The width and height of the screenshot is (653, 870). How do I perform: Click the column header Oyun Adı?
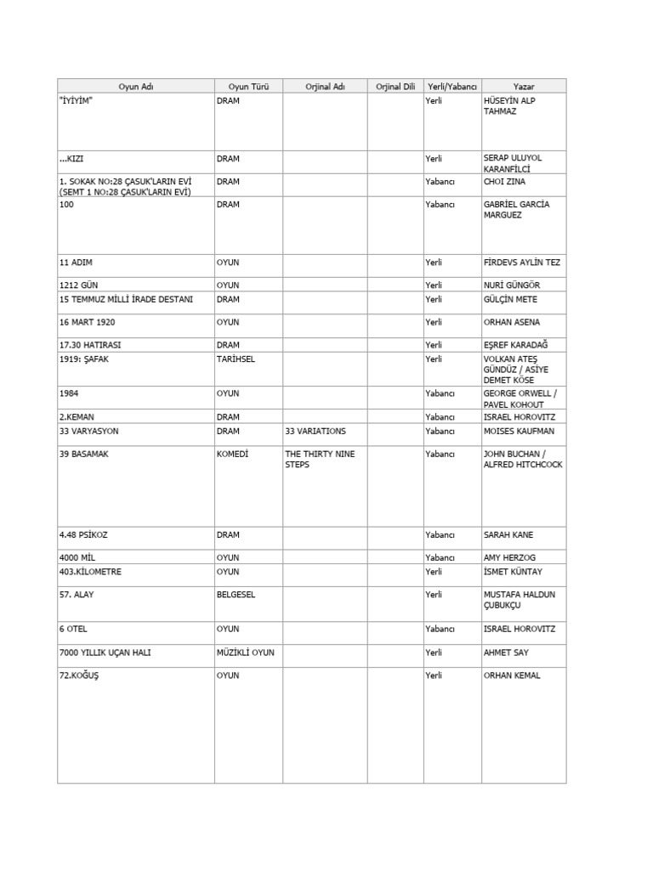click(136, 86)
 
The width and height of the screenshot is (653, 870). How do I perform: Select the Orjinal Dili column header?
click(395, 86)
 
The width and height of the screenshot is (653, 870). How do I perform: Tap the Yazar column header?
click(524, 86)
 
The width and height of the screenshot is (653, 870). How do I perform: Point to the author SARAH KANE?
click(508, 535)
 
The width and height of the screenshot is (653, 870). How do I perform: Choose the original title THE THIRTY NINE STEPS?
click(320, 460)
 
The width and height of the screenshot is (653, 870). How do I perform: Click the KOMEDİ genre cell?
click(232, 455)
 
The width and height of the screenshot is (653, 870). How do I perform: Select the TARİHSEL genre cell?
click(236, 359)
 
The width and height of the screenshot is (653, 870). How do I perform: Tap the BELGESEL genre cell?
click(236, 595)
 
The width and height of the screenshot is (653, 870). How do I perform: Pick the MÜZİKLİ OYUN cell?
click(245, 652)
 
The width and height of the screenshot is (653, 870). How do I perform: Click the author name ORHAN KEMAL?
click(512, 675)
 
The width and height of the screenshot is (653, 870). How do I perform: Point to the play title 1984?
click(69, 394)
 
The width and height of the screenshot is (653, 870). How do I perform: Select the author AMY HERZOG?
click(510, 557)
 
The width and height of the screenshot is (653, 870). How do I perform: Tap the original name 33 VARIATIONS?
click(315, 432)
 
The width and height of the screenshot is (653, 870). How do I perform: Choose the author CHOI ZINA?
click(507, 181)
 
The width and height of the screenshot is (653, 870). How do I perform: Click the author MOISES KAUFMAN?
click(519, 432)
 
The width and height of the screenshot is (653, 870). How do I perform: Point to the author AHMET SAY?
click(505, 652)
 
